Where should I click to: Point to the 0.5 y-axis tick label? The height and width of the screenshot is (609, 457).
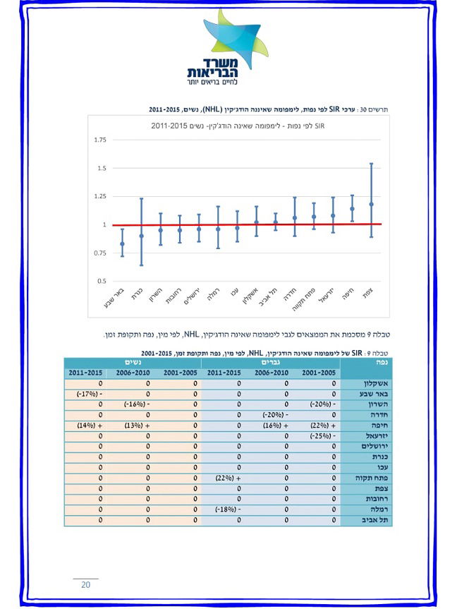pyautogui.click(x=102, y=281)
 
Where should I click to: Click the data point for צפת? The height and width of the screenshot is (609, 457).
pyautogui.click(x=371, y=204)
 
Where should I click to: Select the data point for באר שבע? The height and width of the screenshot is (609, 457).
pyautogui.click(x=122, y=243)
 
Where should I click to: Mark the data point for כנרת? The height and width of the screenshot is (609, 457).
pyautogui.click(x=141, y=236)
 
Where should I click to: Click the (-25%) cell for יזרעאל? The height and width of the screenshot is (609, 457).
pyautogui.click(x=317, y=436)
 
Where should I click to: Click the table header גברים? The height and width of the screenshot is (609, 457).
pyautogui.click(x=270, y=362)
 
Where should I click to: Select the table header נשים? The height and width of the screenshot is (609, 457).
pyautogui.click(x=131, y=362)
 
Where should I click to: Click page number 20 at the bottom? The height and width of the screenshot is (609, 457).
pyautogui.click(x=85, y=585)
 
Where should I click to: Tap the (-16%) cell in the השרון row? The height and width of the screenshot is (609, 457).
pyautogui.click(x=132, y=404)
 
